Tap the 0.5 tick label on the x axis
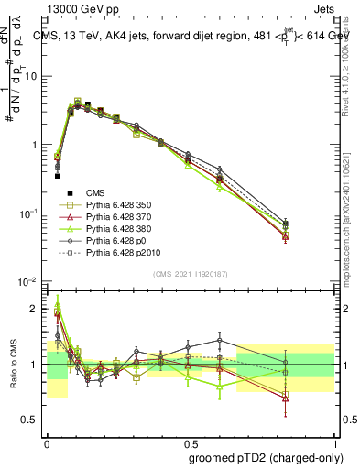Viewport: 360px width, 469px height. (x=190, y=442)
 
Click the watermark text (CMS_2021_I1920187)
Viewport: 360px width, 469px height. (x=190, y=274)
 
